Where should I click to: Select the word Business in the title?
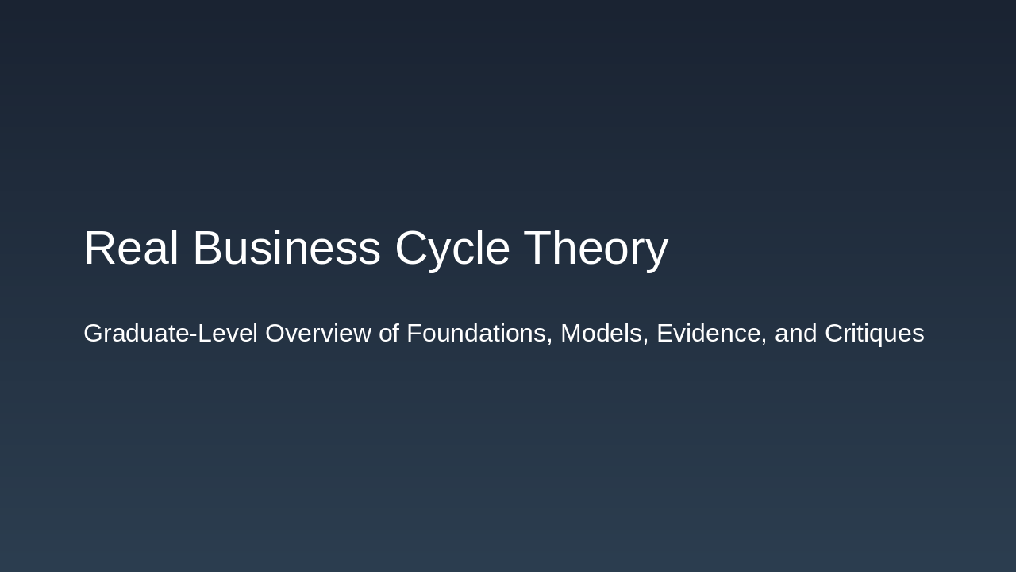(287, 248)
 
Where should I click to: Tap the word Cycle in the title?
(452, 248)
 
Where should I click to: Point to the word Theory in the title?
(595, 248)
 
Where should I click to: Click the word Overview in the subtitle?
(317, 334)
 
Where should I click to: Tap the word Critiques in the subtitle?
(874, 334)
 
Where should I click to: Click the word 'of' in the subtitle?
(388, 334)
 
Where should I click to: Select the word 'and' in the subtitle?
(795, 334)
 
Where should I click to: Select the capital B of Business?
(208, 248)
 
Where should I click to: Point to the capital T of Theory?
(537, 248)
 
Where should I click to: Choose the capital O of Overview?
(275, 334)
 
